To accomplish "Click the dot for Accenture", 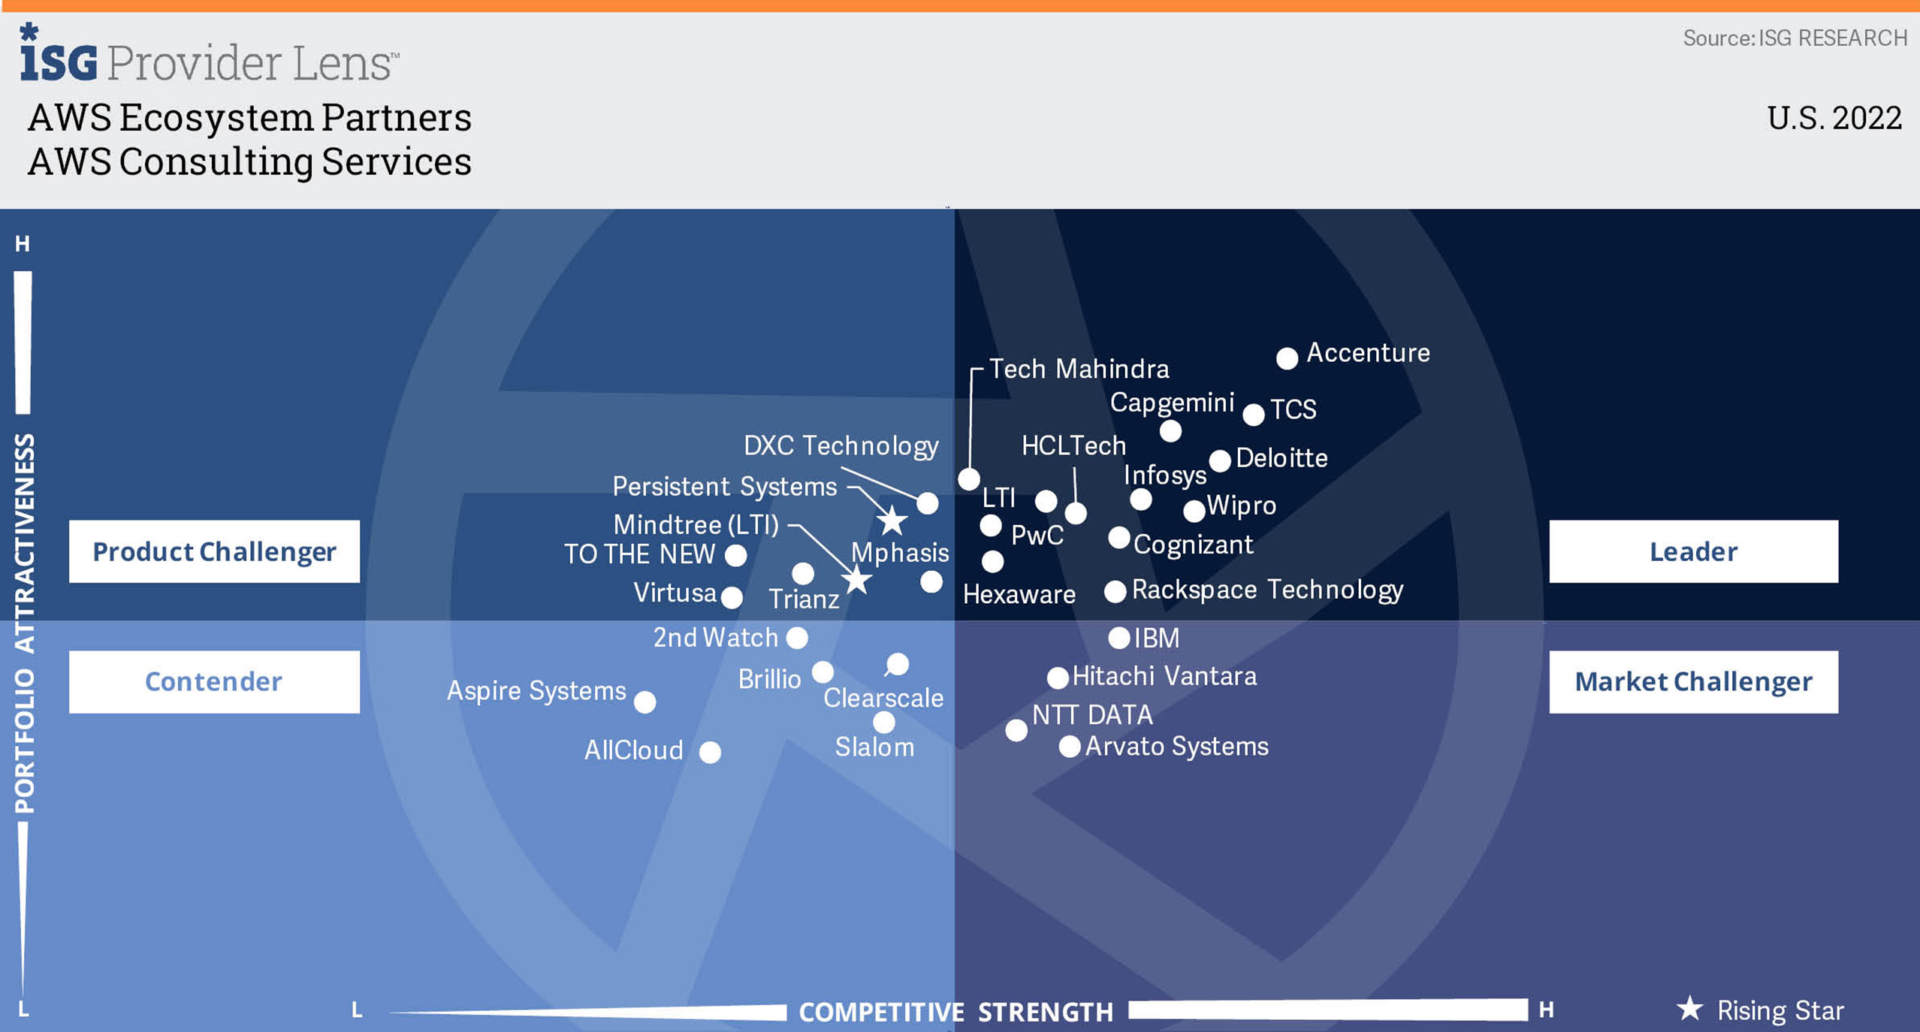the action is pyautogui.click(x=1287, y=358).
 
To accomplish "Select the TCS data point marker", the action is pyautogui.click(x=1253, y=414).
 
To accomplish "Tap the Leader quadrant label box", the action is pyautogui.click(x=1693, y=551).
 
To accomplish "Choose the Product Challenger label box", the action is pyautogui.click(x=214, y=551).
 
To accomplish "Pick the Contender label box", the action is pyautogui.click(x=214, y=681).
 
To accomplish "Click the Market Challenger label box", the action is pyautogui.click(x=1693, y=681).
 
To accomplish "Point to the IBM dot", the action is pyautogui.click(x=1119, y=638).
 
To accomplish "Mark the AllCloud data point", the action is pyautogui.click(x=710, y=752).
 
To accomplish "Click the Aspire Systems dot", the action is pyautogui.click(x=645, y=702).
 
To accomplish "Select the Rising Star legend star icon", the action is pyautogui.click(x=1689, y=1008).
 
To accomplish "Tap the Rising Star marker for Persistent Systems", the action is pyautogui.click(x=892, y=520).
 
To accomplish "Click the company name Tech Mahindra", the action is pyautogui.click(x=1079, y=369).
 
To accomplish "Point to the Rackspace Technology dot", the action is pyautogui.click(x=1115, y=591).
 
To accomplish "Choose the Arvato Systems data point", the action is pyautogui.click(x=1069, y=747).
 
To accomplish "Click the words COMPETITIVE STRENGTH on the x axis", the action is pyautogui.click(x=955, y=1012).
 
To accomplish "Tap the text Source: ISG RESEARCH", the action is pyautogui.click(x=1795, y=38).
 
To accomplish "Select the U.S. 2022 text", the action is pyautogui.click(x=1834, y=118).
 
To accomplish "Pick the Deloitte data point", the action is pyautogui.click(x=1219, y=460).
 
